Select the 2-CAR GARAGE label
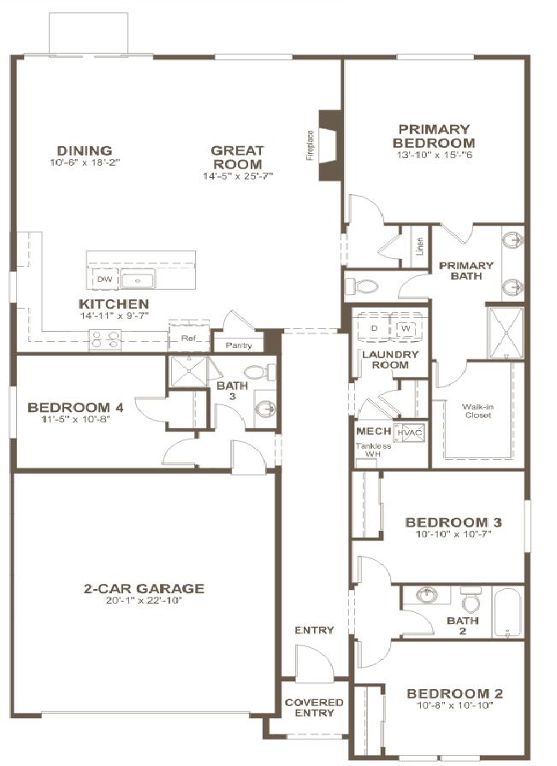point(144,588)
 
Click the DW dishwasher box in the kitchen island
point(104,280)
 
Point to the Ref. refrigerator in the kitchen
point(189,337)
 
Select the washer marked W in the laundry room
point(406,327)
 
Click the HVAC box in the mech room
point(410,433)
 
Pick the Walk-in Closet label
point(477,412)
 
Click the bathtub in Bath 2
point(508,613)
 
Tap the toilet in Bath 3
point(258,372)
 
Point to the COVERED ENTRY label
point(314,708)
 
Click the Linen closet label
point(420,246)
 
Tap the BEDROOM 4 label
point(75,408)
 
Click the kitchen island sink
point(135,280)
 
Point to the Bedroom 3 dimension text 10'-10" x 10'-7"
point(453,534)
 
